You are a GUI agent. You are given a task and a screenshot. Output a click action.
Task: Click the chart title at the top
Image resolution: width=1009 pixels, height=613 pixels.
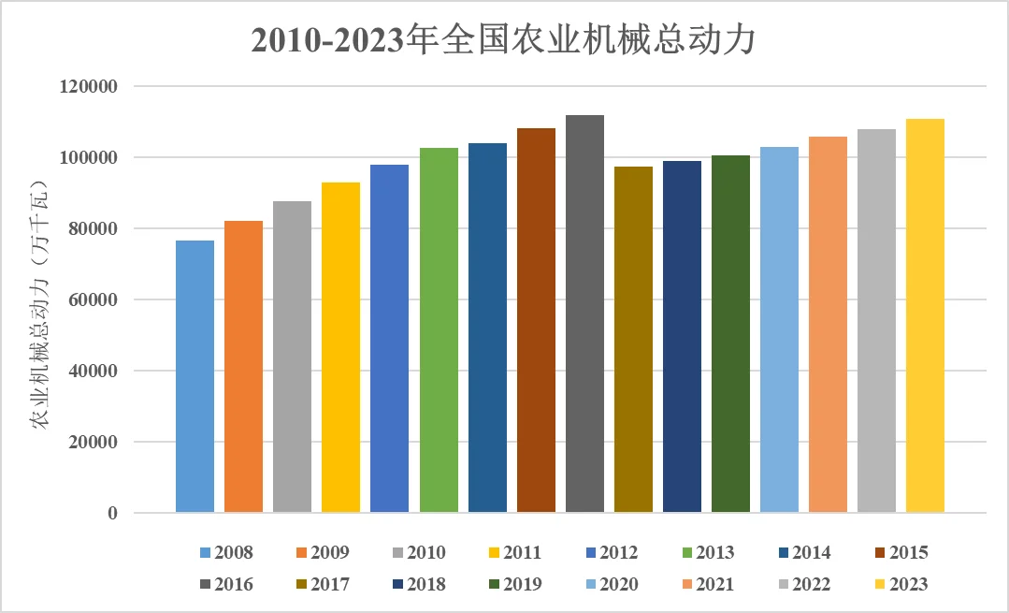click(503, 41)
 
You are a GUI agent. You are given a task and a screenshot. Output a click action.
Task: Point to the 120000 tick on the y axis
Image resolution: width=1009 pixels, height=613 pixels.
click(86, 87)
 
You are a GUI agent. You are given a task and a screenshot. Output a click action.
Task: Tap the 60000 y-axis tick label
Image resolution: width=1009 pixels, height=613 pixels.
click(91, 300)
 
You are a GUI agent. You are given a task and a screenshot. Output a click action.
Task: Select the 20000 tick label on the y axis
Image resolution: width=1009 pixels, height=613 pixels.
click(91, 443)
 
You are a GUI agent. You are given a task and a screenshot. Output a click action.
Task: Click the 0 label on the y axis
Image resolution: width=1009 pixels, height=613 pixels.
click(112, 514)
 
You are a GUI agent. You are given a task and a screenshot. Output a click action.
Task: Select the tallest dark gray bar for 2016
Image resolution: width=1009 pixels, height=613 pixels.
click(584, 314)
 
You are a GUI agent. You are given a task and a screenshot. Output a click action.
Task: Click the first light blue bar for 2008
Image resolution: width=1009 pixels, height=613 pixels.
click(195, 376)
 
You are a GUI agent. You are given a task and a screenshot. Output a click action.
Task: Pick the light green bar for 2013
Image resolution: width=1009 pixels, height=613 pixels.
click(439, 329)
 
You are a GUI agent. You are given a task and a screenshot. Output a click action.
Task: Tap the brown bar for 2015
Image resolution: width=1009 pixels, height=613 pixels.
click(536, 320)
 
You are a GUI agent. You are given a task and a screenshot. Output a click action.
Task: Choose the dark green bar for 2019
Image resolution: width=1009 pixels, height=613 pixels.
click(730, 333)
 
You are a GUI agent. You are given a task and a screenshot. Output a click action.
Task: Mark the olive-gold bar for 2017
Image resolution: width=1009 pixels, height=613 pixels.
click(633, 339)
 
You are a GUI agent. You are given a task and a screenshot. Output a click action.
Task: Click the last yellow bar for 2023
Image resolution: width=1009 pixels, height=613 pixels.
click(925, 315)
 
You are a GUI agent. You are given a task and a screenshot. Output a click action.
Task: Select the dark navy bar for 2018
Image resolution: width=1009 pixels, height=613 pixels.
click(682, 336)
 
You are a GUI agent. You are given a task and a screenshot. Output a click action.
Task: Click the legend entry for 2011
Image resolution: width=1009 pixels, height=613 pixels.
click(512, 553)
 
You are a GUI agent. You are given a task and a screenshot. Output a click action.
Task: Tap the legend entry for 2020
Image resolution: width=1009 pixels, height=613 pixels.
click(609, 585)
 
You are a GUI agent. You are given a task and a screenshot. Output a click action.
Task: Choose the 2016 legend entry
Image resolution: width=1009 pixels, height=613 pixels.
click(223, 585)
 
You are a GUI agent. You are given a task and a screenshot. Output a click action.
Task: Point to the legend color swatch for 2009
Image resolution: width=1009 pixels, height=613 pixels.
click(303, 553)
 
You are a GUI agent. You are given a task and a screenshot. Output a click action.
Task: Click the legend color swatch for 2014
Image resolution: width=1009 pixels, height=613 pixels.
click(785, 553)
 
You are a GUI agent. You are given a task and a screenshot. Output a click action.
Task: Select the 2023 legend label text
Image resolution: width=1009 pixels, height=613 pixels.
click(908, 585)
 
